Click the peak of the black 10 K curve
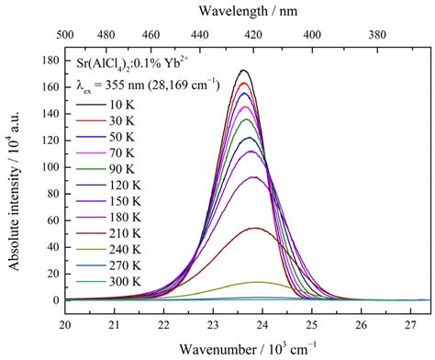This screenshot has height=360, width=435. coord(243,70)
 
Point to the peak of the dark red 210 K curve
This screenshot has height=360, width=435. coord(255,228)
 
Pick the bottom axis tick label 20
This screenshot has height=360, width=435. coord(66,323)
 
